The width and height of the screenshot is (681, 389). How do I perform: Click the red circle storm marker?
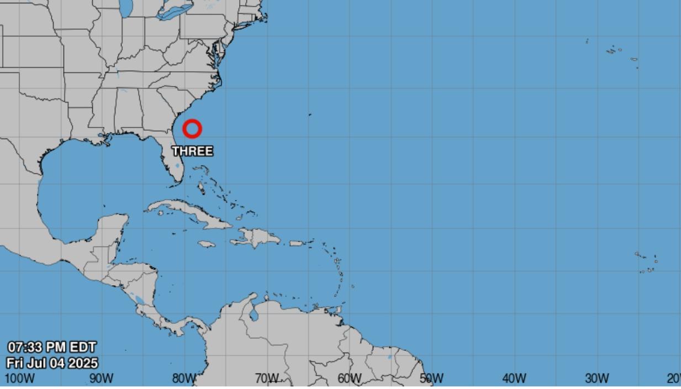[x=192, y=129]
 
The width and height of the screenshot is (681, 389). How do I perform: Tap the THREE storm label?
[x=192, y=151]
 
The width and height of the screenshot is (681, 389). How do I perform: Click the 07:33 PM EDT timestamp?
[x=52, y=347]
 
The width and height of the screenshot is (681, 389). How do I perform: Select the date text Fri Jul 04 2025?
[x=52, y=363]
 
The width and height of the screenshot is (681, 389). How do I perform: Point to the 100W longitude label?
[x=19, y=379]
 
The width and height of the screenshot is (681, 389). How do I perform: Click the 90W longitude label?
[x=102, y=379]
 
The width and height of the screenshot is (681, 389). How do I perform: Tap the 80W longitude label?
[x=184, y=379]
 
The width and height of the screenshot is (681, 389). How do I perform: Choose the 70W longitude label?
[x=267, y=379]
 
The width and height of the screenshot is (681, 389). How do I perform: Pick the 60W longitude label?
[x=349, y=379]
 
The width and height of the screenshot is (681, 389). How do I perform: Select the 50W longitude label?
[x=431, y=379]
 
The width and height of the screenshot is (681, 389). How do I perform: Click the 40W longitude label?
[x=514, y=379]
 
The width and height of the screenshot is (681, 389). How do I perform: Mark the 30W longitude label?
[x=596, y=379]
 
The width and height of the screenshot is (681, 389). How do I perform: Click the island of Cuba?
[x=188, y=212]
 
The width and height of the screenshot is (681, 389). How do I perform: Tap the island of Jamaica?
[x=206, y=243]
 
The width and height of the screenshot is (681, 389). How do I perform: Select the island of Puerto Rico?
[x=297, y=243]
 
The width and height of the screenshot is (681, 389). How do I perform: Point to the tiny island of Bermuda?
[x=310, y=115]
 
